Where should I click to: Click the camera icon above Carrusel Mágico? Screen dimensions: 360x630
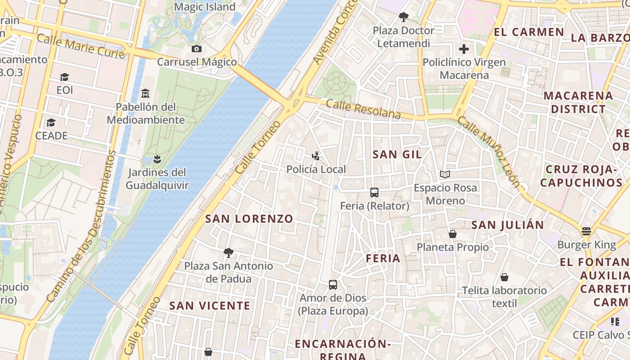point(197,49)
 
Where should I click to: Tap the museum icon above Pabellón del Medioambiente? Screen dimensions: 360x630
point(145,94)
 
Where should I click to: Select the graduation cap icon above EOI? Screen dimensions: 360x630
point(64,77)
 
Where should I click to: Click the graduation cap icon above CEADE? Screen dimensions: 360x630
point(51,122)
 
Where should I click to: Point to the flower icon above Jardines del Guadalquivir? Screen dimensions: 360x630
point(157,159)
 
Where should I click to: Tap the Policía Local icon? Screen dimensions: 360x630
point(316,156)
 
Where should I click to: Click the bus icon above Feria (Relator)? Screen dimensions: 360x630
point(374,193)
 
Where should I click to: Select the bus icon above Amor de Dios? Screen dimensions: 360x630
point(333,284)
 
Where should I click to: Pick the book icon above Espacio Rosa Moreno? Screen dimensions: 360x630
point(445,174)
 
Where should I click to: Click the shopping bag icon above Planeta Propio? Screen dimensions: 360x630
point(453,234)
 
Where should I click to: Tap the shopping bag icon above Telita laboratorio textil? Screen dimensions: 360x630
point(504,277)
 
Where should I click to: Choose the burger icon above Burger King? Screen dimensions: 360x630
point(586,231)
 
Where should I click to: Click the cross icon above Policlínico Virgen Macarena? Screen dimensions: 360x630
point(464,49)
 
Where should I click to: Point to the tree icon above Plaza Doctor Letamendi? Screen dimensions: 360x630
point(404,17)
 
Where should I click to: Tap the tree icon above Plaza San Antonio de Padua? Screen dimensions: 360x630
point(229,252)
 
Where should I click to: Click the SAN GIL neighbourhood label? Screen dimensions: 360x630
point(397,154)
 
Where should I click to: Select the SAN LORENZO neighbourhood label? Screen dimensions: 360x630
point(249,219)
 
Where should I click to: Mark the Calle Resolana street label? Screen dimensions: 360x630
point(363,109)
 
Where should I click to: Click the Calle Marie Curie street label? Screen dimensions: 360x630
point(81,46)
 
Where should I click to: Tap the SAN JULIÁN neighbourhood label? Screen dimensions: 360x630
point(508,225)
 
